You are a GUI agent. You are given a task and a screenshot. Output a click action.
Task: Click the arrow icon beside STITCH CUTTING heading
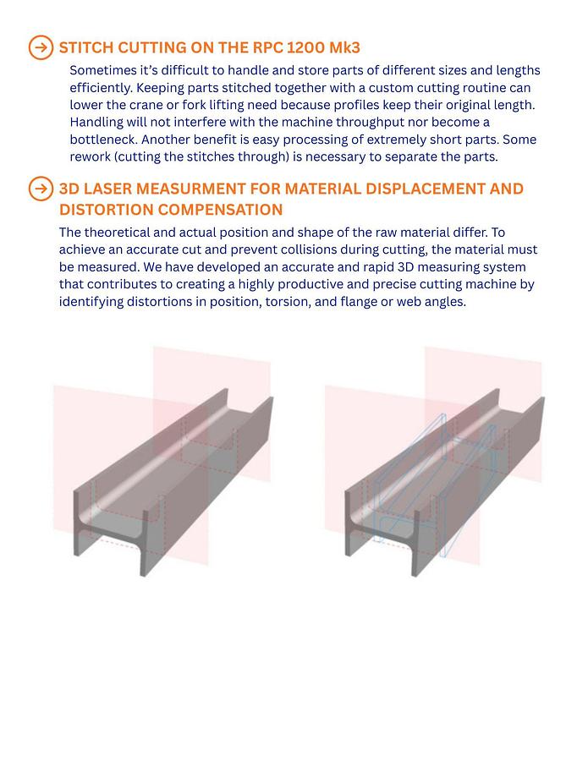[41, 47]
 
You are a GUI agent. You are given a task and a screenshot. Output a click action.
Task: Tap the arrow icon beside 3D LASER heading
[41, 189]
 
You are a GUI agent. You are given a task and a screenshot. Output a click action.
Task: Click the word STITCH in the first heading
[86, 47]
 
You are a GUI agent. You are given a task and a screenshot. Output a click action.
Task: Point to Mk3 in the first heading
[344, 47]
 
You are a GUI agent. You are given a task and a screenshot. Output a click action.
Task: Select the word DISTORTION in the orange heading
[107, 210]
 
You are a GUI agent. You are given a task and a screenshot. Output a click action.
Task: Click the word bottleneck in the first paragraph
[103, 140]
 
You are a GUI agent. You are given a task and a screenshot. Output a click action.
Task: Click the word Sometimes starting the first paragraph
[103, 71]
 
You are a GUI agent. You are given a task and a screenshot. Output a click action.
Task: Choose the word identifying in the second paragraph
[91, 302]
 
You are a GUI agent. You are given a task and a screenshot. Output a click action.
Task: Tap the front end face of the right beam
[382, 533]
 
